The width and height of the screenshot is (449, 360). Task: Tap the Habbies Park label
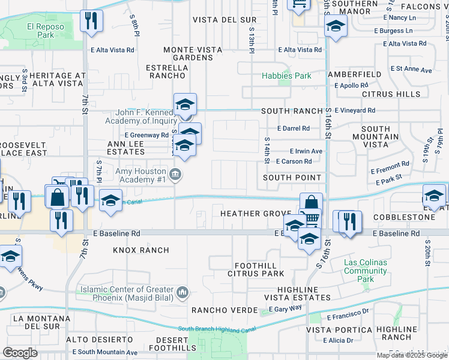[286, 76]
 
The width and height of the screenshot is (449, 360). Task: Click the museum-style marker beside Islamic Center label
[182, 293]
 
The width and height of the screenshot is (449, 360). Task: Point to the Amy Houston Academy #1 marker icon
[175, 175]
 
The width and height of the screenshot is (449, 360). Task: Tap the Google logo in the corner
[20, 353]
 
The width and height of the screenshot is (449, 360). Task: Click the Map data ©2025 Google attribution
[412, 355]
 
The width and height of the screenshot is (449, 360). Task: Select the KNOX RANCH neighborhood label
[140, 250]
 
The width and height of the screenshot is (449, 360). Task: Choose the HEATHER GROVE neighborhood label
[256, 214]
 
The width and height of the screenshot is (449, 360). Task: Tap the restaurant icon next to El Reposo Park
[91, 21]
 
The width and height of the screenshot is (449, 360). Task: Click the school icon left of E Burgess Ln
[336, 26]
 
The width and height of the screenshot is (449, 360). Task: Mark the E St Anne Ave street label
[411, 70]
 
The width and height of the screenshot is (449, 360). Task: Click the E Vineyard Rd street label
[355, 110]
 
